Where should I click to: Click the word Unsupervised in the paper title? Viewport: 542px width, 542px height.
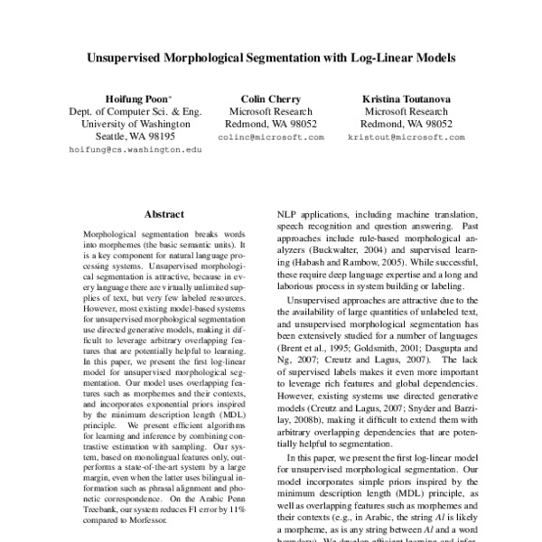coord(131,56)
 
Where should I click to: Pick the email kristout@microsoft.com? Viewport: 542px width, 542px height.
coord(406,136)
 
